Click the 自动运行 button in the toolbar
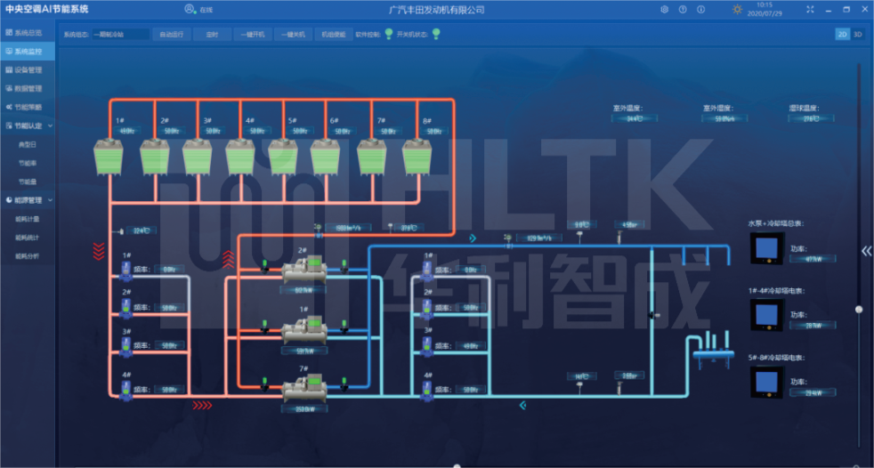click(173, 35)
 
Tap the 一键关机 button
click(294, 35)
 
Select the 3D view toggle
click(858, 34)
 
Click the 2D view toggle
click(842, 34)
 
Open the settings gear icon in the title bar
click(664, 10)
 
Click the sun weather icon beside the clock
click(737, 10)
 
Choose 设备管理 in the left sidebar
click(28, 69)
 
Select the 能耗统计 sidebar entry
click(28, 238)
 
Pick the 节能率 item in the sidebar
click(28, 163)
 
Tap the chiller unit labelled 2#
click(304, 270)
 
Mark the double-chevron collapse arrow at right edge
click(866, 251)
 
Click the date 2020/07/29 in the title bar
click(765, 14)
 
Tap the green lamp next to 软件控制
click(388, 35)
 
